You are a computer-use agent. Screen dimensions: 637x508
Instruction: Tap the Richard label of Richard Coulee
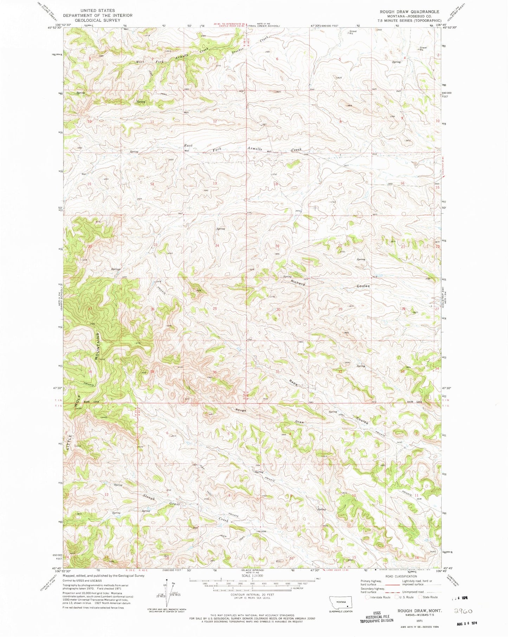(298, 282)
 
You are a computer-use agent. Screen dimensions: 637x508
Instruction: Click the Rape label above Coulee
(294, 383)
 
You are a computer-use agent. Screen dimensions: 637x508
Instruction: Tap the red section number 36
(214, 372)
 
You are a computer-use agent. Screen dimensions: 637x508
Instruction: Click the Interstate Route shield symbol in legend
(368, 597)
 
